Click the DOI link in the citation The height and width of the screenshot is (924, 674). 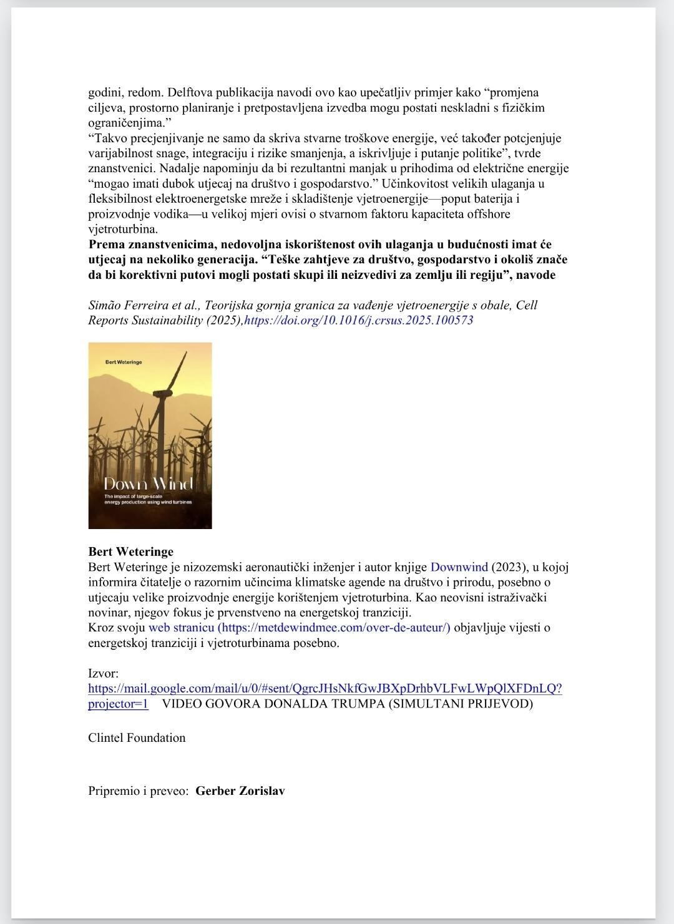click(359, 320)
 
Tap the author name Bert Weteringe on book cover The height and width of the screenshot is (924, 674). click(124, 362)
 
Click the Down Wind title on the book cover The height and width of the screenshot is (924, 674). click(149, 484)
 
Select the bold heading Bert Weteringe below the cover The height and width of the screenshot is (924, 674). click(131, 552)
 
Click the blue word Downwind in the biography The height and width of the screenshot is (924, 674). click(459, 567)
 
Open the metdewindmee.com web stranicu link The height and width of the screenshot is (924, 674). click(300, 628)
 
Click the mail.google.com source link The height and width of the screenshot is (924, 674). click(325, 689)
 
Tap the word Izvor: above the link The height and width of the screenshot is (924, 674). click(104, 673)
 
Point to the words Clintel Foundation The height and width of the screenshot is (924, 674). click(137, 737)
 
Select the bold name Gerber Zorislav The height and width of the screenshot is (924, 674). click(240, 791)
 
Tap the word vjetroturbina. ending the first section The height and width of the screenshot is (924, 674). click(123, 229)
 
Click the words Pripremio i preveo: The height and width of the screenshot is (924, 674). click(138, 791)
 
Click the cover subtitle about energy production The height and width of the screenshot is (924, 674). click(148, 499)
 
